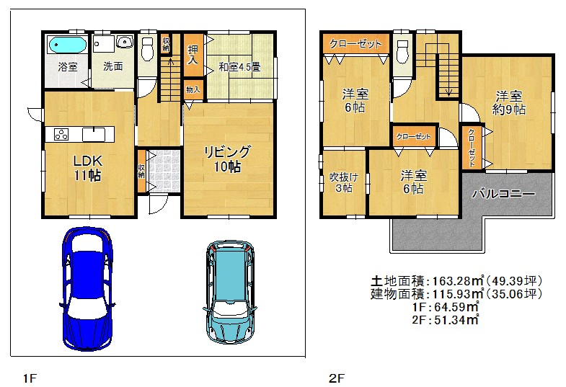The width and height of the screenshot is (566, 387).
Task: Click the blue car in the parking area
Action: [x=87, y=288]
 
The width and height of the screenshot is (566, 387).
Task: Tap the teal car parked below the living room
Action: [x=230, y=291]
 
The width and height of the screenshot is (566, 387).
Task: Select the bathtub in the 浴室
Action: [x=68, y=45]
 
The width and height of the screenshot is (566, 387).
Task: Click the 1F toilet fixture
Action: [x=147, y=50]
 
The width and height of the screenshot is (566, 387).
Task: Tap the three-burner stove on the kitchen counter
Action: [x=61, y=135]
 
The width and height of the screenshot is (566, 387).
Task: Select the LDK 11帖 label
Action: [x=88, y=168]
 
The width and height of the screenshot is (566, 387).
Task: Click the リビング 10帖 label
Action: [x=227, y=159]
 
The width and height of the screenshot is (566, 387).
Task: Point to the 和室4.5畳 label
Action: [x=239, y=67]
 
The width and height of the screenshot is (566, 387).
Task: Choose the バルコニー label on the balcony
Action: [x=503, y=194]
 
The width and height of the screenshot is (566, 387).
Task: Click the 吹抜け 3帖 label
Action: [x=344, y=182]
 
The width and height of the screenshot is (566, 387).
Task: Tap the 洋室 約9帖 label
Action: [x=508, y=103]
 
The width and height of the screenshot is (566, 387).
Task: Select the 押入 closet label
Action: [x=193, y=55]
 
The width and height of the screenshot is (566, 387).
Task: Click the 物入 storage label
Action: [x=193, y=89]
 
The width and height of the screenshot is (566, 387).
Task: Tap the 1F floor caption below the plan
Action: [x=30, y=378]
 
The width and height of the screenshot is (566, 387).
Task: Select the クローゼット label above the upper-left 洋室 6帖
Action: [x=355, y=44]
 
